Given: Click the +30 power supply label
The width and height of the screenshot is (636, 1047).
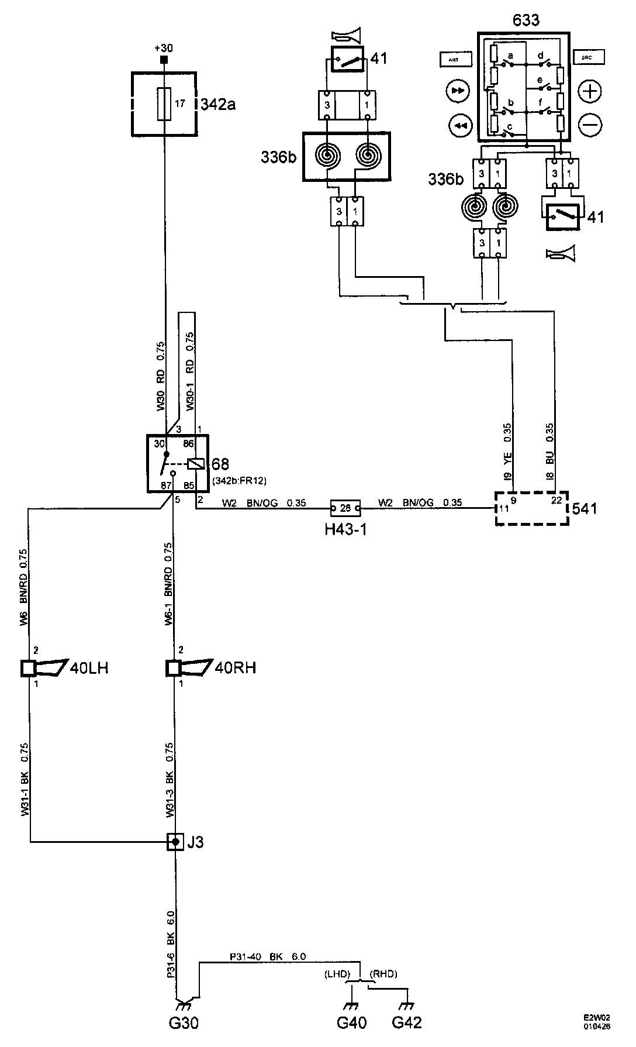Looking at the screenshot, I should tap(164, 48).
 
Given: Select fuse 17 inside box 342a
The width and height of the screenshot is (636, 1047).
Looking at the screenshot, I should tap(165, 104).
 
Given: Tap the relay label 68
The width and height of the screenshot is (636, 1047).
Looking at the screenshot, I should tap(220, 465).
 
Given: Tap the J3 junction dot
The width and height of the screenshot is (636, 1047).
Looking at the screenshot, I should tap(175, 842).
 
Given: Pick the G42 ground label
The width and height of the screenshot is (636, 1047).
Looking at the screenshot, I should tap(406, 1022).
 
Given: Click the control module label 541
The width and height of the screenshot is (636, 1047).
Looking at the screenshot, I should tap(585, 508).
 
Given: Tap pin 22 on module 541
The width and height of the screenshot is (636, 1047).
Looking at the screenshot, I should tap(556, 500).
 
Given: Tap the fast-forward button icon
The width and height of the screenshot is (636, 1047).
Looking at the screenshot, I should tap(457, 91).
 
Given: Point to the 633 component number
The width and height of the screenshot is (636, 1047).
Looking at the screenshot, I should tap(526, 20).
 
